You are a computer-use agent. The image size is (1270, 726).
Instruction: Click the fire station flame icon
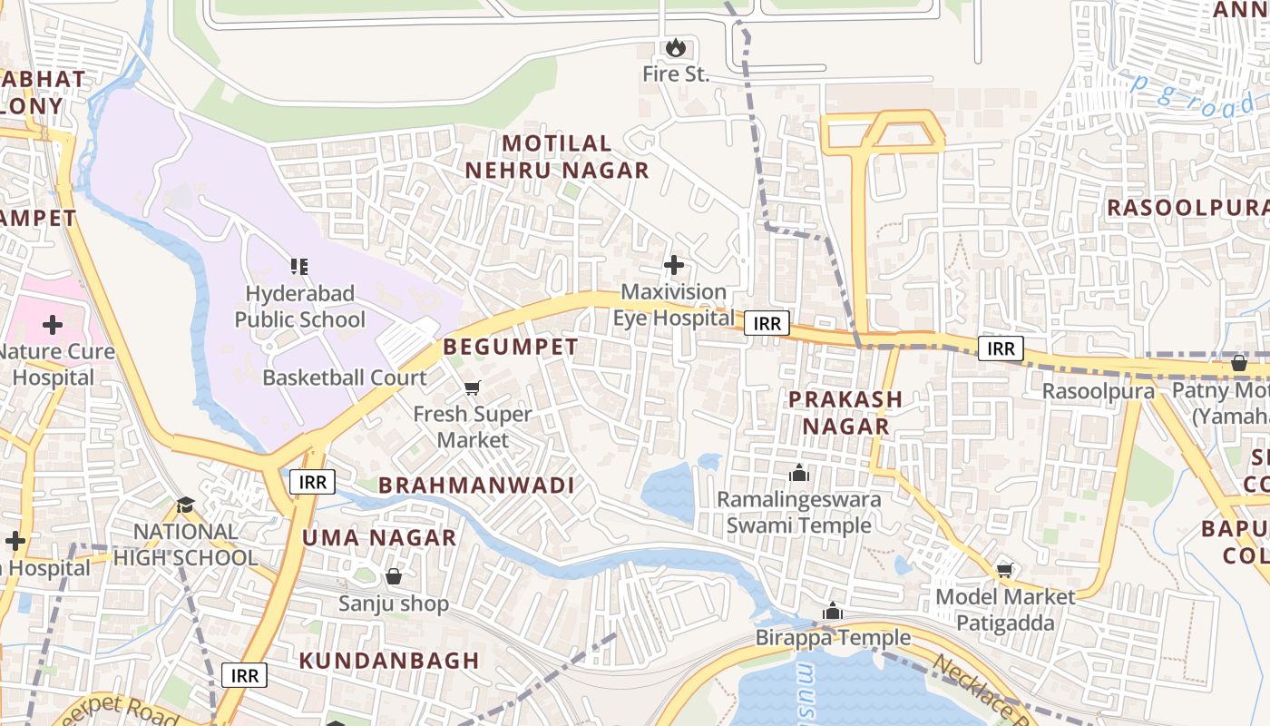[x=674, y=47]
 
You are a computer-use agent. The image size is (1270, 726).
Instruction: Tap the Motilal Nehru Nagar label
[x=557, y=156]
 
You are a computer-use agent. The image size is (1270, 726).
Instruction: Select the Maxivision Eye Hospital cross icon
[x=674, y=265]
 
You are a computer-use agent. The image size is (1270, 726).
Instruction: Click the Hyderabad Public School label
[x=299, y=307]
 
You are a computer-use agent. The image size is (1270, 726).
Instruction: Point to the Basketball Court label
[x=344, y=378]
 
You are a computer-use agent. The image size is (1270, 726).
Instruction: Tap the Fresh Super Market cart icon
[x=472, y=388]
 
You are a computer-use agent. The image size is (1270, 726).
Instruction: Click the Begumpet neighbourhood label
[x=510, y=347]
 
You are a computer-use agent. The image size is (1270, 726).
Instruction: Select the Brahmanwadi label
[x=476, y=486]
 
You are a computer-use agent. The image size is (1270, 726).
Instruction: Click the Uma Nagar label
[x=379, y=537]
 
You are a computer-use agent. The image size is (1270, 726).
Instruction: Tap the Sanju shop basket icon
[x=394, y=576]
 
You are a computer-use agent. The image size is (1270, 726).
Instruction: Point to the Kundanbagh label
[x=389, y=661]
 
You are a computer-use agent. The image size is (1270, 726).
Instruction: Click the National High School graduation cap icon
[x=185, y=505]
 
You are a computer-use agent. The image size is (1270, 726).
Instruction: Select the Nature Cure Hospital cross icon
[x=52, y=324]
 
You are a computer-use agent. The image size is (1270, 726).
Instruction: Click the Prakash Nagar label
[x=845, y=412]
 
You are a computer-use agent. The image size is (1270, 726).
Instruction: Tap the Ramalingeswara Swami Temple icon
[x=798, y=473]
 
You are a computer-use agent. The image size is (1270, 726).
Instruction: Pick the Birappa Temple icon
[x=832, y=612]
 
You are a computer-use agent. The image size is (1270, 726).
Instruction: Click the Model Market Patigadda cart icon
[x=1004, y=570]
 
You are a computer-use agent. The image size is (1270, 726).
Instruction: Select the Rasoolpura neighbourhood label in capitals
[x=1187, y=208]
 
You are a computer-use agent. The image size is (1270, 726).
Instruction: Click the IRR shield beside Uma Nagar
[x=312, y=482]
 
